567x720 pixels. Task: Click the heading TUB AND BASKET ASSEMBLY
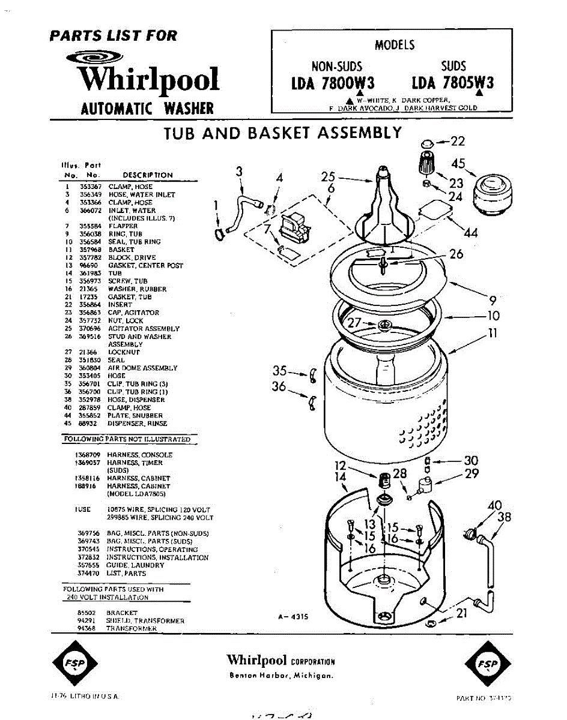pos(283,133)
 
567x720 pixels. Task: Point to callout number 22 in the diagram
pos(458,142)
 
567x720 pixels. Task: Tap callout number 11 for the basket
pos(493,334)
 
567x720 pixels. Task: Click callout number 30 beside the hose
pos(471,461)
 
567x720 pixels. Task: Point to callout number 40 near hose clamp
pos(494,506)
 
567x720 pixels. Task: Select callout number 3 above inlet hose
pos(240,172)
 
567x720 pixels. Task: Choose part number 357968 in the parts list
pos(88,250)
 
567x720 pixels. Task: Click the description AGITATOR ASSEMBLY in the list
pos(144,329)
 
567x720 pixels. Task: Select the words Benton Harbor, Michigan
pos(281,676)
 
